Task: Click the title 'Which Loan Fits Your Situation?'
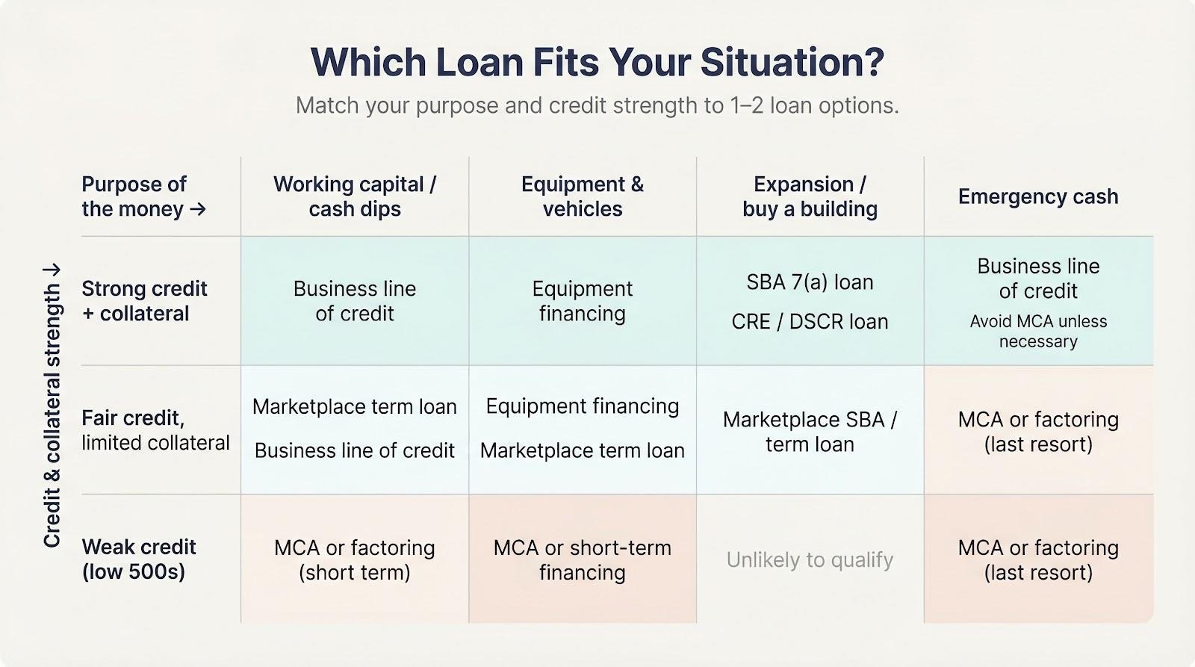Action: coord(597,63)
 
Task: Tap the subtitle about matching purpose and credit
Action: coord(597,105)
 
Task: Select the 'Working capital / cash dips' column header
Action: coord(355,196)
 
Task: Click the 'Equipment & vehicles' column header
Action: coord(583,196)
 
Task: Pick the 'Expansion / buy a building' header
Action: coord(810,196)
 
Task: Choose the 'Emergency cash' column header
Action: coord(1038,196)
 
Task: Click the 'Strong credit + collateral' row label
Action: coord(144,301)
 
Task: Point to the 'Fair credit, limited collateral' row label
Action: coord(155,430)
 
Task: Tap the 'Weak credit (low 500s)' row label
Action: coord(139,559)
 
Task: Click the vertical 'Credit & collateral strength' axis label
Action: coord(52,406)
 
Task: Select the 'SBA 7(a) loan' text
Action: coord(810,282)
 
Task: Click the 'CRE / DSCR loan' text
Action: coord(810,322)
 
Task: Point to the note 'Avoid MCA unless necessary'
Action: coord(1038,332)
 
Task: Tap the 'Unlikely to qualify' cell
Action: coord(810,559)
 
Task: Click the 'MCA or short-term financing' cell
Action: coord(583,559)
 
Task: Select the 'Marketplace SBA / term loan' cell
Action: coord(810,432)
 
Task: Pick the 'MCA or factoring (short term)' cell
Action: coord(355,559)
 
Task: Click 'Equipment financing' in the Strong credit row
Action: coord(583,301)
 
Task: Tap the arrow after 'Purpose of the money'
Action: coord(198,208)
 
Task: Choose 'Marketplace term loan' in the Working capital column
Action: coord(355,406)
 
